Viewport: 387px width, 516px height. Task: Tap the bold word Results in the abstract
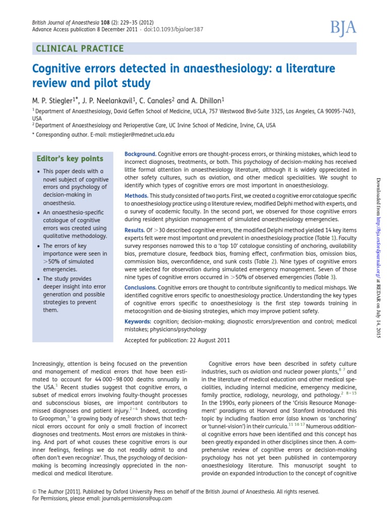pyautogui.click(x=134, y=229)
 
